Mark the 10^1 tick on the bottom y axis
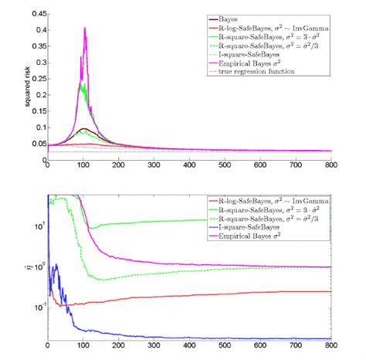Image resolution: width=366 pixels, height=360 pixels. (36, 226)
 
